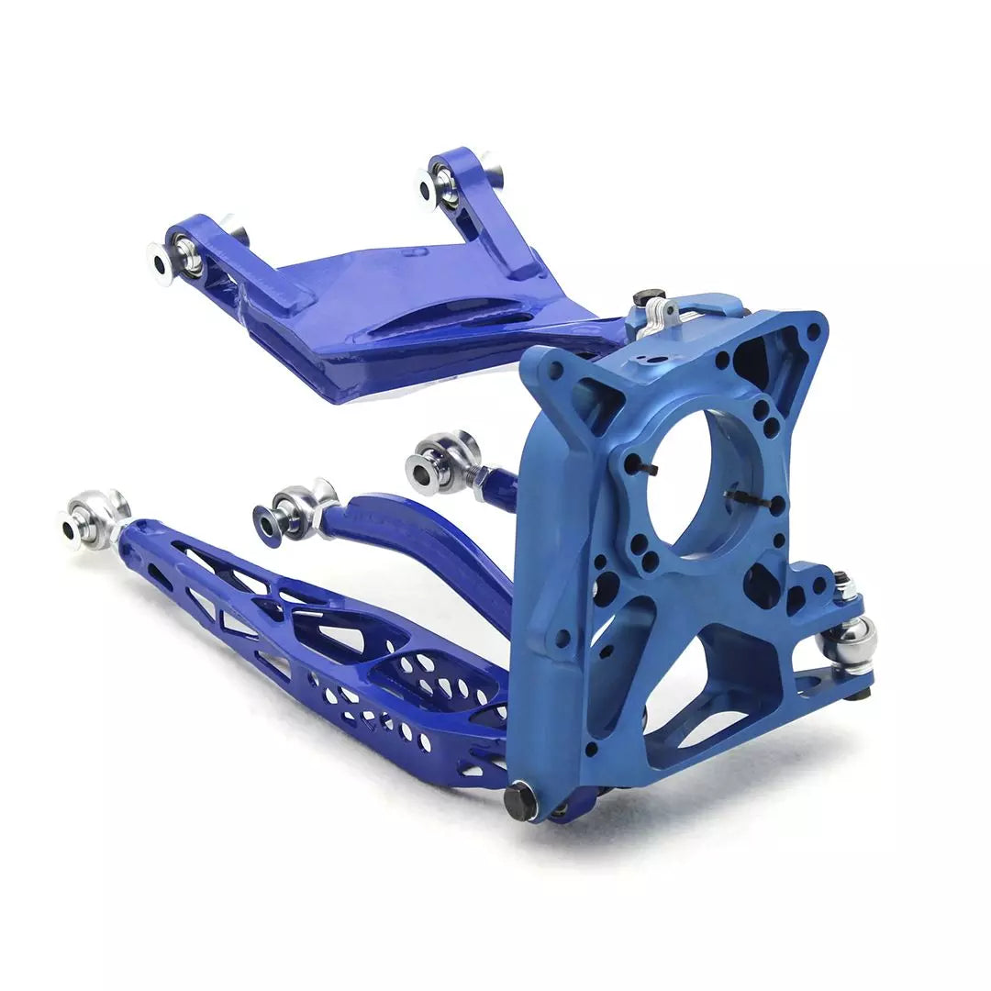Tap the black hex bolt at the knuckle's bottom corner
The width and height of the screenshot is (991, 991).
tap(520, 800)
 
